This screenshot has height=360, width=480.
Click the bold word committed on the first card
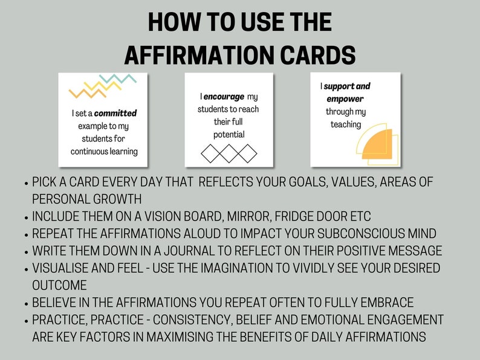pos(115,113)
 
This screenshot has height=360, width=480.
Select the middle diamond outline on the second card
pos(229,153)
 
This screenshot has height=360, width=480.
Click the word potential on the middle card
pos(229,134)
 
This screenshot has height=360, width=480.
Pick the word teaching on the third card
pos(345,124)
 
